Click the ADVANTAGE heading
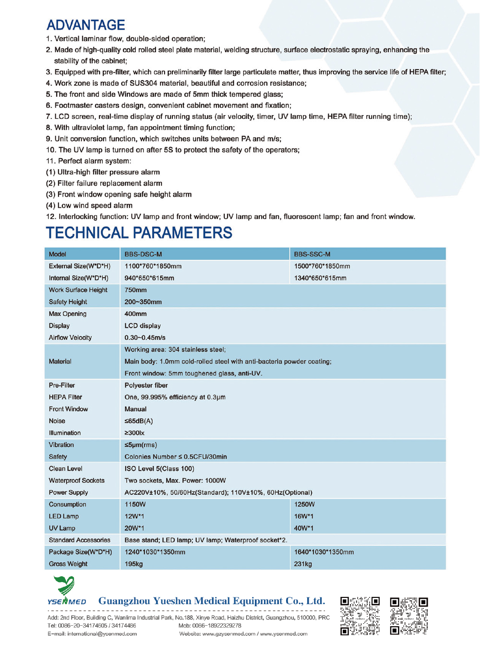coord(86,25)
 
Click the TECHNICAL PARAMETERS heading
coord(139,233)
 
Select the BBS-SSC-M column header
coord(312,254)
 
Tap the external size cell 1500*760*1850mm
coord(322,266)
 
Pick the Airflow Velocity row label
coord(70,338)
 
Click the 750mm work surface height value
coord(136,290)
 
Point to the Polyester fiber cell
coord(146,385)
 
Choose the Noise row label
coord(57,421)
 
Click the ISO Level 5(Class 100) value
coord(159,468)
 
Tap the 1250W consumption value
coord(304,504)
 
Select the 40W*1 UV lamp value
coord(304,528)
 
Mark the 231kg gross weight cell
coord(303,564)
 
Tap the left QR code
coord(360,616)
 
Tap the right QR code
coord(409,616)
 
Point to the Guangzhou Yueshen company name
coord(212,601)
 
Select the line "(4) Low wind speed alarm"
coord(89,205)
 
